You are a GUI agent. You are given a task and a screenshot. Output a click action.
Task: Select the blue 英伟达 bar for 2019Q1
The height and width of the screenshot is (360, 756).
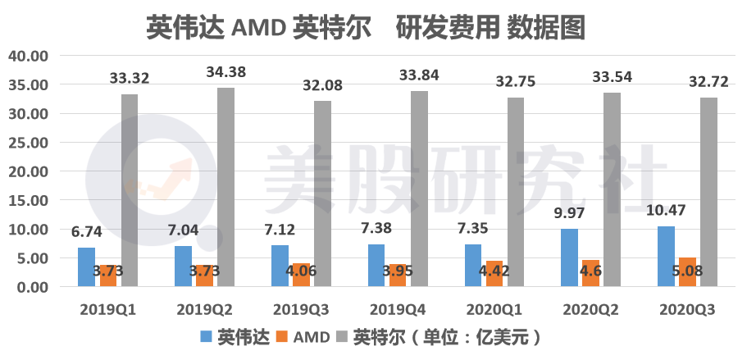click(x=86, y=267)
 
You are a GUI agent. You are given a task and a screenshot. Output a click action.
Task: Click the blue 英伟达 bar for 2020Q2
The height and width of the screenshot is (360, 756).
click(x=569, y=257)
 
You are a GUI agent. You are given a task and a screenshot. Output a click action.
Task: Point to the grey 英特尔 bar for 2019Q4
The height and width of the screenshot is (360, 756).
click(x=419, y=189)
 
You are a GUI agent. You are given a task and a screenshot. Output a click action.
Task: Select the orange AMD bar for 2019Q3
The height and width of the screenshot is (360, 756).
click(x=301, y=275)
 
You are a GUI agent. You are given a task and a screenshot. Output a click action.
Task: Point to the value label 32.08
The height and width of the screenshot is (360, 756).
click(x=320, y=85)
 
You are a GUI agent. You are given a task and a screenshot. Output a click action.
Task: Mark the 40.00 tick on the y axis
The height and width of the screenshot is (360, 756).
click(x=29, y=56)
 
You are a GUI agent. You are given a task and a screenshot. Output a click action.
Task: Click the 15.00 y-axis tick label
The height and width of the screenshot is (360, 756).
click(x=29, y=200)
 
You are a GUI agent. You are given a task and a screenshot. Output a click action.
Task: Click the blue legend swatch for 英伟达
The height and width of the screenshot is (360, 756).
click(x=206, y=337)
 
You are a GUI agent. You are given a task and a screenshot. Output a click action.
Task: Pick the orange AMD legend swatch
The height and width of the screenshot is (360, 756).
click(x=278, y=337)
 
